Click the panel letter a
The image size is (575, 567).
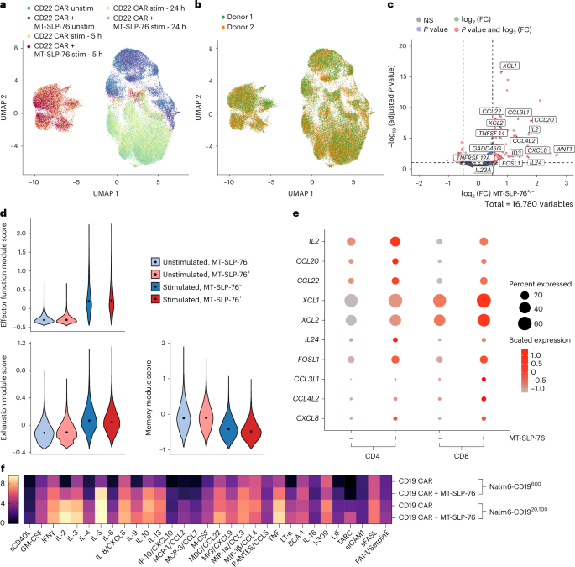(x=5, y=6)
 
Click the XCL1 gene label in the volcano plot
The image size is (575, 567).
(x=509, y=66)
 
